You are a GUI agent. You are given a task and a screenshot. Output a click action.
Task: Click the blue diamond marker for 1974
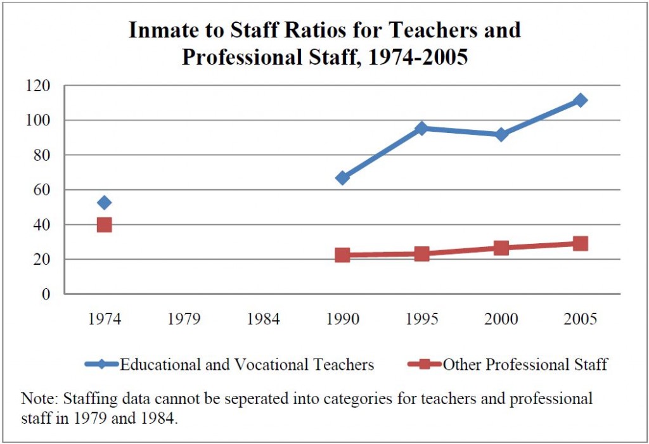pos(105,203)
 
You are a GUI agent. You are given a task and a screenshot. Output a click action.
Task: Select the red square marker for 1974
pos(105,225)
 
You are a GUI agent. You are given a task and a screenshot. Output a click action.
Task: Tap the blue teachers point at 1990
pos(342,178)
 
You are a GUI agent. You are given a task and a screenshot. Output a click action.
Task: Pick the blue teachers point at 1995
pos(421,129)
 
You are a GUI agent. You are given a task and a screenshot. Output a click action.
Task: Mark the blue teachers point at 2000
pos(501,134)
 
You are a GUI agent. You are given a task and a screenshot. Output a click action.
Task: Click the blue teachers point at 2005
pos(580,100)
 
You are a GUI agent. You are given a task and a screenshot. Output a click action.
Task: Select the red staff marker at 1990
pos(342,255)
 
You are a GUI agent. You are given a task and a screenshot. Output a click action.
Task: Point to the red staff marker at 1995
pos(421,254)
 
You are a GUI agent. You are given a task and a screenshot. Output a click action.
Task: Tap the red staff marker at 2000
pos(501,248)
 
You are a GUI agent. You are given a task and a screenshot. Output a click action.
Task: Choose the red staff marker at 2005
pos(580,244)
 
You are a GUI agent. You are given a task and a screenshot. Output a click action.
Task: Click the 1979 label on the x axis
pos(184,319)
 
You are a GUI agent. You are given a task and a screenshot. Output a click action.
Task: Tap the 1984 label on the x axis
pos(264,319)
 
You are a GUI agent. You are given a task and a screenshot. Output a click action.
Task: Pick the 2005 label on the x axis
pos(580,319)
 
